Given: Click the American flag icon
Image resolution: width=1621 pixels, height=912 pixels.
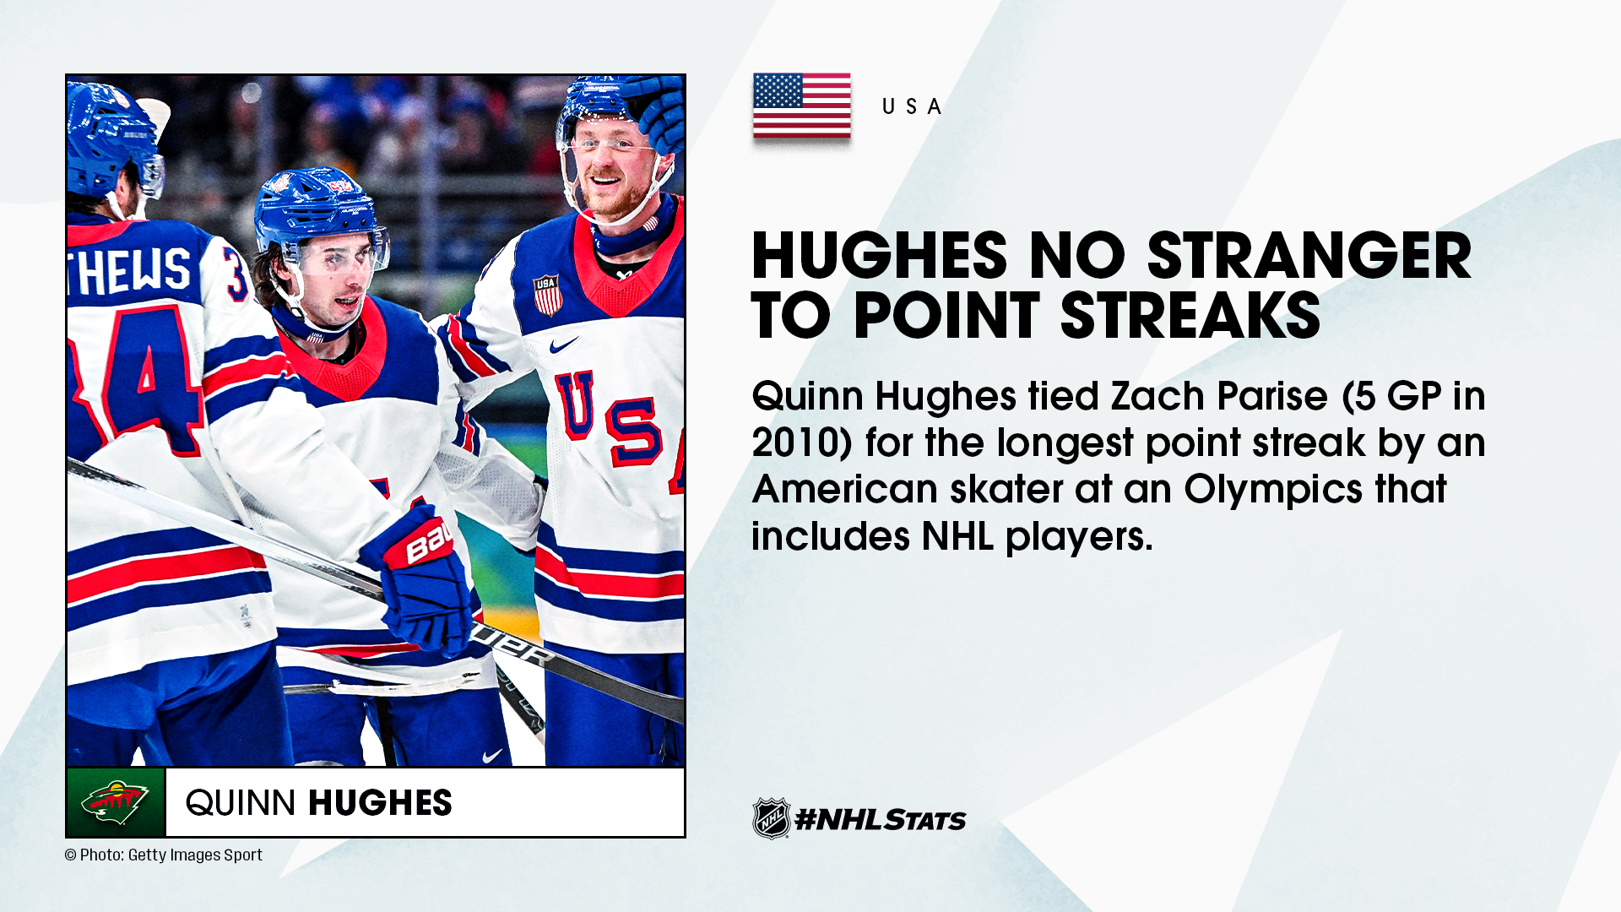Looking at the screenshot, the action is point(801,106).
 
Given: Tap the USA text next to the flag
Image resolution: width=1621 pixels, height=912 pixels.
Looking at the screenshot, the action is point(912,107).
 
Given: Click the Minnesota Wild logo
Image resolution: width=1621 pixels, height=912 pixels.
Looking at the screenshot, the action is point(116,802).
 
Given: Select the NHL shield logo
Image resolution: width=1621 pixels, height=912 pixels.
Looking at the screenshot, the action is point(771,818).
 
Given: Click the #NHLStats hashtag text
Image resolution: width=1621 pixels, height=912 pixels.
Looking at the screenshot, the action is point(881,819).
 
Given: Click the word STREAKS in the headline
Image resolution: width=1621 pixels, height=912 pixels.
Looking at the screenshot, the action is point(1190,315).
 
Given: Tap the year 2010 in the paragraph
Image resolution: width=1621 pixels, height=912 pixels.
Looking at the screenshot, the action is point(795,442).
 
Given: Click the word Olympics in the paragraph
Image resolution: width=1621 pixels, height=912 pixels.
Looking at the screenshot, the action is point(1273,490).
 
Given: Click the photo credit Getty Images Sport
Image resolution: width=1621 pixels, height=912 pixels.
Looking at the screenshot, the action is point(195,855).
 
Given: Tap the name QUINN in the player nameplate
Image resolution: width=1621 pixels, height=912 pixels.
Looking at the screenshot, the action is point(240,803).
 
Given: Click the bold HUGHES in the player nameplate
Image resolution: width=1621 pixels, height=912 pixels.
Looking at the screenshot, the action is point(380,803).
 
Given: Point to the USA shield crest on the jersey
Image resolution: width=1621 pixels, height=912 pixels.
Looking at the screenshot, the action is point(547,295).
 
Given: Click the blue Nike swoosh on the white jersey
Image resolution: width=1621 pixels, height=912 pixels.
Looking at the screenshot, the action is point(563,345).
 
